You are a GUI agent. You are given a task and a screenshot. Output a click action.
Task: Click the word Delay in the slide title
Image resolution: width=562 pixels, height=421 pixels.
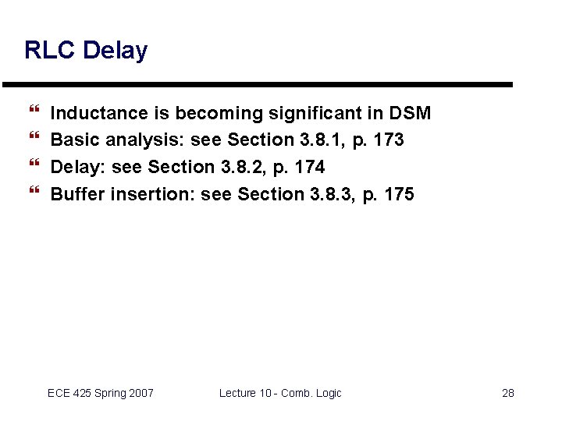tap(115, 51)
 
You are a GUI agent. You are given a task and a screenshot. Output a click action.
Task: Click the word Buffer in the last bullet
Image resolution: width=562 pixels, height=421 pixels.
tap(78, 194)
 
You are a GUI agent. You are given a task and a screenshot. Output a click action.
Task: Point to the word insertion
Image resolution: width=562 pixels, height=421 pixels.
tap(152, 194)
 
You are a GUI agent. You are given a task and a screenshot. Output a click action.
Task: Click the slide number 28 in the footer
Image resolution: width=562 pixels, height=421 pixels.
tap(508, 393)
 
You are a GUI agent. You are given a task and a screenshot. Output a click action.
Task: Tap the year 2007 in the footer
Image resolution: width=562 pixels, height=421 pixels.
tap(141, 393)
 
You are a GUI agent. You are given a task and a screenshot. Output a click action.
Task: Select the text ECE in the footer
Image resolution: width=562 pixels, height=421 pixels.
tap(59, 393)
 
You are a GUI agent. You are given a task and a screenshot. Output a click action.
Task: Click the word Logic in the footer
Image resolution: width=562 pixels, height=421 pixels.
tap(327, 393)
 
